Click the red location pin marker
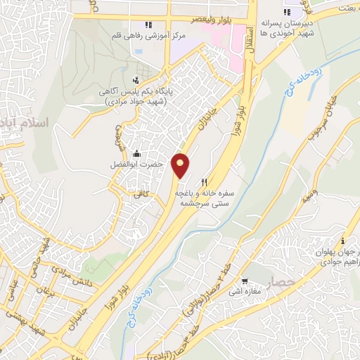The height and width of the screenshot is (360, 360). pyautogui.click(x=181, y=165)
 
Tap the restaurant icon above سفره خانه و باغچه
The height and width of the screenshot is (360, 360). pyautogui.click(x=204, y=181)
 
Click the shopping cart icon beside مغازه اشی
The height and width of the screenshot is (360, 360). pyautogui.click(x=245, y=280)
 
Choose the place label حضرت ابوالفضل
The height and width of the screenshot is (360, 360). pyautogui.click(x=143, y=165)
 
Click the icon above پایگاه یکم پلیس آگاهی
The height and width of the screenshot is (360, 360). pyautogui.click(x=136, y=81)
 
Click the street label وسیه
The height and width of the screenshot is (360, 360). pyautogui.click(x=314, y=195)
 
